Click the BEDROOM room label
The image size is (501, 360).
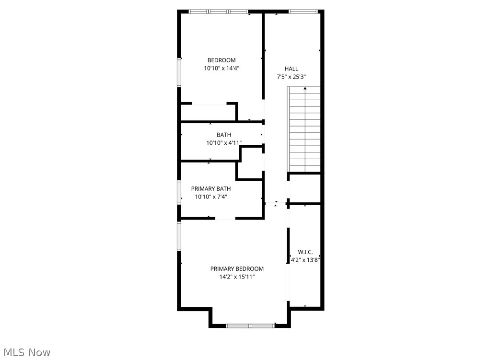tap(221, 60)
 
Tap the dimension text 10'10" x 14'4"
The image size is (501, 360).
tap(222, 68)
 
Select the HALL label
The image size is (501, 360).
tap(291, 69)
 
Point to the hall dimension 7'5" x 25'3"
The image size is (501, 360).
tap(291, 77)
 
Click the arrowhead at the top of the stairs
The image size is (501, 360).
tap(305, 88)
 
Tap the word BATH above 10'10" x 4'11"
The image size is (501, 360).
tap(224, 135)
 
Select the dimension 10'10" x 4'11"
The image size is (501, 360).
tap(224, 143)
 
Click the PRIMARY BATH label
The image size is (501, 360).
tap(211, 189)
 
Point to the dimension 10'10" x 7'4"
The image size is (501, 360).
tap(211, 197)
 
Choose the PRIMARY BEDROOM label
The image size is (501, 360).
tap(237, 269)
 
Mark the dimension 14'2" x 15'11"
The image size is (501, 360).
tap(237, 277)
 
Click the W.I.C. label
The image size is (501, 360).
tap(305, 252)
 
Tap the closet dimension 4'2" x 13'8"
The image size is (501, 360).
tap(305, 260)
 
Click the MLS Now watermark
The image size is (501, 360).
tap(27, 352)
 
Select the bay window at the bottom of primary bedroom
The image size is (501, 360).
tap(250, 326)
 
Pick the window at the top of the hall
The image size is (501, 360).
tap(303, 12)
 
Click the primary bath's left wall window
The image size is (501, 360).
tap(179, 192)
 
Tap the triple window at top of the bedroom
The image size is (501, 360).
tap(219, 12)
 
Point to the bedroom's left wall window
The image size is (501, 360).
tap(179, 72)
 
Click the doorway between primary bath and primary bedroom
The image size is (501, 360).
tap(225, 219)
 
